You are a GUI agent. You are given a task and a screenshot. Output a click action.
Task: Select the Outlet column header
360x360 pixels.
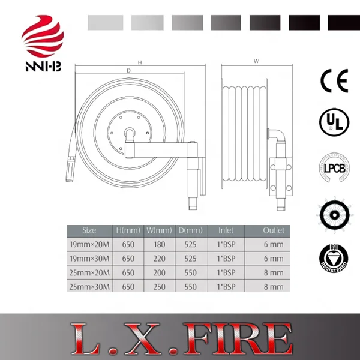point(273,230)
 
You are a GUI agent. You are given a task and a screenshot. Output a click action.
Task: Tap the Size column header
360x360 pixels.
point(89,230)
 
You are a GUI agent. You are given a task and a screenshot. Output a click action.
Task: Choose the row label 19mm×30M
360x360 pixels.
point(89,259)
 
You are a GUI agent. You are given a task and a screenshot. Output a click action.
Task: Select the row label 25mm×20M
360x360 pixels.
point(89,273)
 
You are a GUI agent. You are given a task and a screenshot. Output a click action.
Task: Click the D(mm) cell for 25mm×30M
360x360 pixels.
point(188,287)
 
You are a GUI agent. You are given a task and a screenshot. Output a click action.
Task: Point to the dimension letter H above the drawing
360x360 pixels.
point(139,62)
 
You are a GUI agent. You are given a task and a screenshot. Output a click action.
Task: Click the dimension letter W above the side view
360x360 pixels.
point(256,61)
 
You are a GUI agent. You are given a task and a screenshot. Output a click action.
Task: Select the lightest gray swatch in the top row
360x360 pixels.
point(105,23)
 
